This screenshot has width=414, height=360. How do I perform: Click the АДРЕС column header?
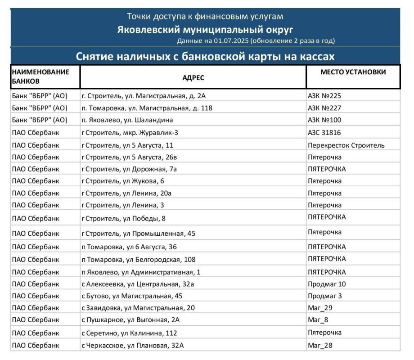(x=193, y=77)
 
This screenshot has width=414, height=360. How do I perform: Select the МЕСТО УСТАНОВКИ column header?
(x=353, y=72)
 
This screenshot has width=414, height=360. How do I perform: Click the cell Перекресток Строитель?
(x=346, y=145)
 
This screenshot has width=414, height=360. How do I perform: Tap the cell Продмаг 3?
(x=325, y=296)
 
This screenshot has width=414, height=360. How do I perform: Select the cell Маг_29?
(x=320, y=308)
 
